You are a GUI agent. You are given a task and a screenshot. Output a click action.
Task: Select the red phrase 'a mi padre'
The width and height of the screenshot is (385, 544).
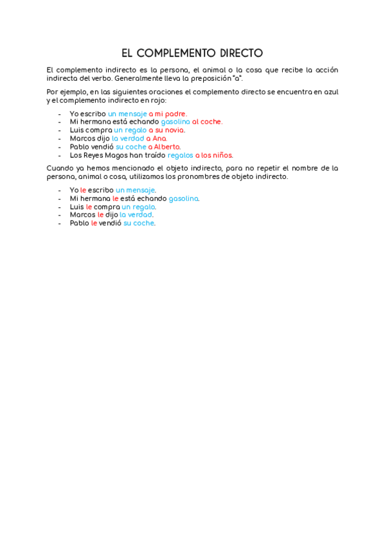(168, 114)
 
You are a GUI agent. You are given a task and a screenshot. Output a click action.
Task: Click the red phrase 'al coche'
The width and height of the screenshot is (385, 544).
(207, 122)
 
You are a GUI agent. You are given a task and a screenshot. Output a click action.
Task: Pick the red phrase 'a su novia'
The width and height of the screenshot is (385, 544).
(166, 130)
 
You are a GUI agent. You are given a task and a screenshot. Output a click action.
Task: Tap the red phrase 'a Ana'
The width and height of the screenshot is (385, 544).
(156, 139)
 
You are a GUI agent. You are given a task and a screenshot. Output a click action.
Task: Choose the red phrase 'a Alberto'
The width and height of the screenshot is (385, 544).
(165, 147)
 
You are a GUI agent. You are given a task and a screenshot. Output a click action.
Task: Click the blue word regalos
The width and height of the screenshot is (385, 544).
(180, 155)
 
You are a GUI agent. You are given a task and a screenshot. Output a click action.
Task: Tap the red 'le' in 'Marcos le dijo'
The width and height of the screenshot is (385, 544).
(100, 215)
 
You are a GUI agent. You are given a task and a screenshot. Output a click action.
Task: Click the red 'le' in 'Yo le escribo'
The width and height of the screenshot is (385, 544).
(83, 190)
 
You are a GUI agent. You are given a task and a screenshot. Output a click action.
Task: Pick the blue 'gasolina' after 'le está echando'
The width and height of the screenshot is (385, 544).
(184, 198)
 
